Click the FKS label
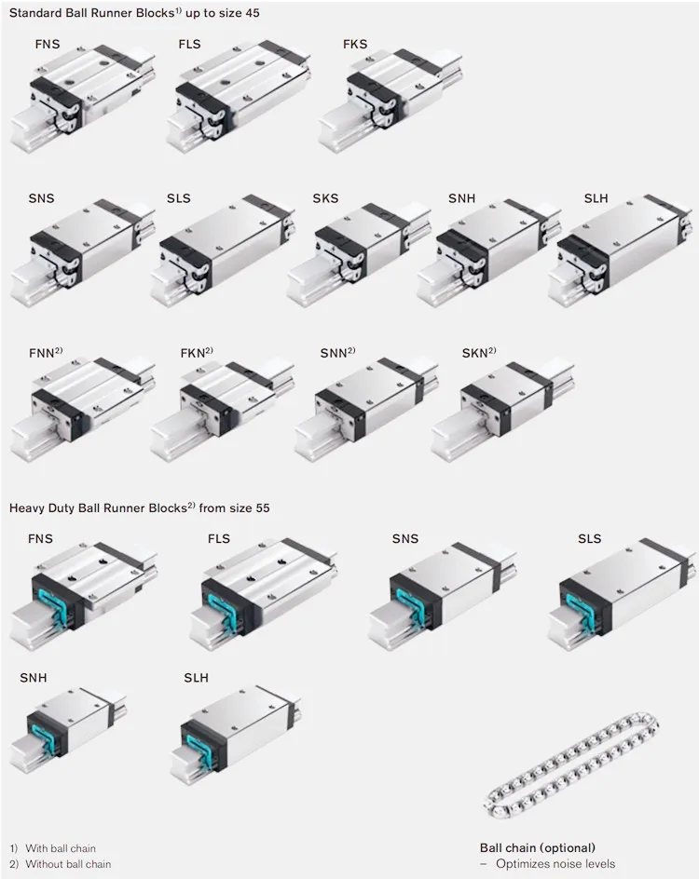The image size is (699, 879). pos(354,45)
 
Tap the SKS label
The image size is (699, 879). pos(325,199)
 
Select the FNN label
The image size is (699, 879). pos(42,354)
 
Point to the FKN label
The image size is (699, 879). pos(193,354)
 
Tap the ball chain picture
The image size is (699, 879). pos(572,764)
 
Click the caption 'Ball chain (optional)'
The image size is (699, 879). pos(538,848)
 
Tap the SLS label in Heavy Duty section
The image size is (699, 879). pos(589,539)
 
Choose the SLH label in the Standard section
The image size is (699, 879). pos(596,199)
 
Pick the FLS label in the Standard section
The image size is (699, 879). pos(189,45)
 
